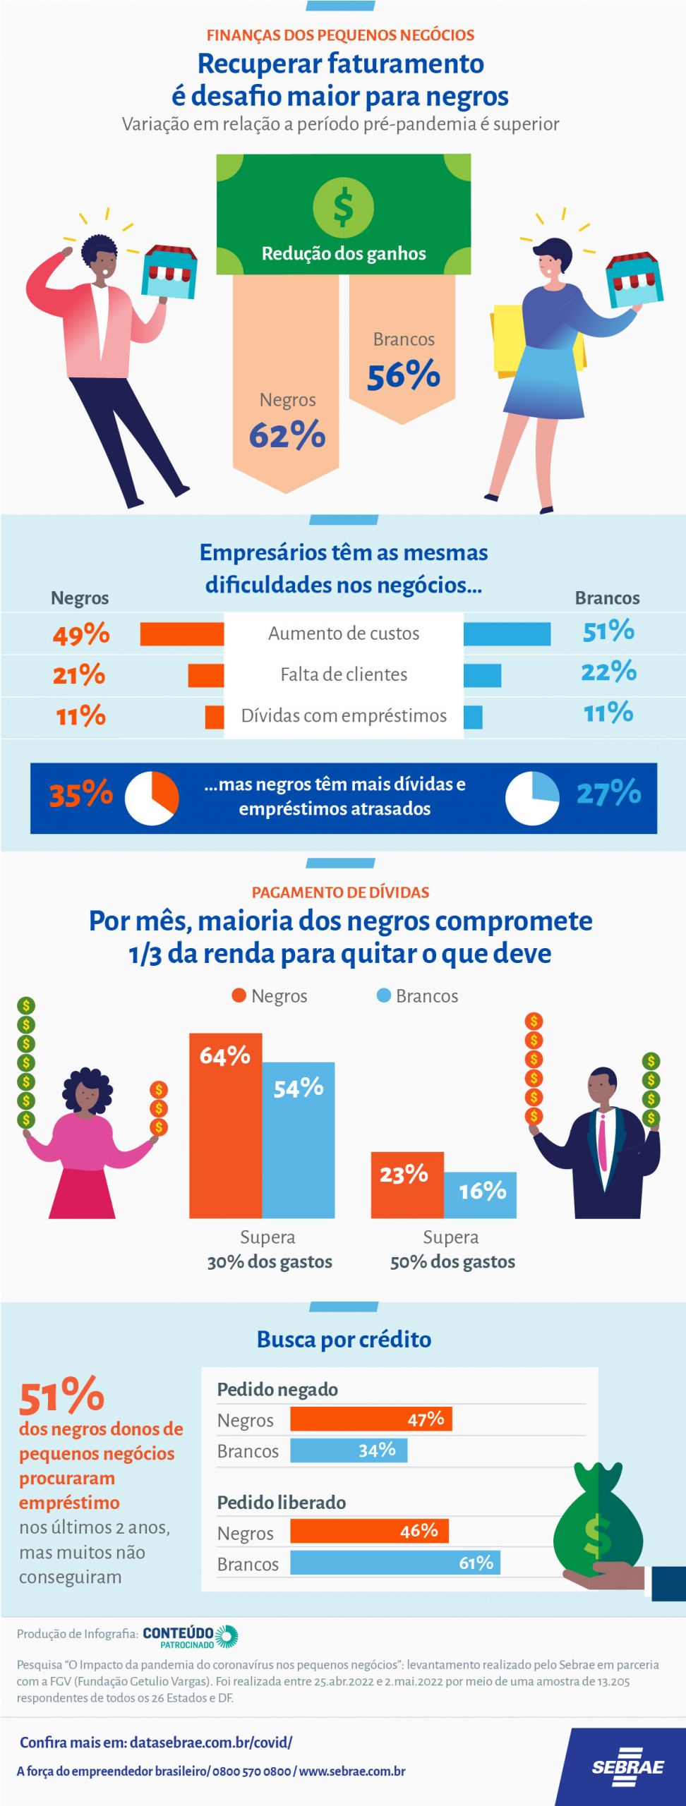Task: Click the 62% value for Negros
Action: pyautogui.click(x=287, y=435)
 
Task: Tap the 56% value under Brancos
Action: pyautogui.click(x=404, y=375)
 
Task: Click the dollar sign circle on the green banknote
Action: pyautogui.click(x=344, y=207)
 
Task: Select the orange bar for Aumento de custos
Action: pyautogui.click(x=181, y=634)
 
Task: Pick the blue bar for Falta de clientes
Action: pyautogui.click(x=482, y=675)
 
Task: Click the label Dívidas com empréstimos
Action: pyautogui.click(x=344, y=715)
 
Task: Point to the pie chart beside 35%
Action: pyautogui.click(x=152, y=798)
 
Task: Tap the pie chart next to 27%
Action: pyautogui.click(x=532, y=798)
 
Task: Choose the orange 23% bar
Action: pyautogui.click(x=407, y=1184)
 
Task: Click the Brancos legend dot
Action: pyautogui.click(x=384, y=995)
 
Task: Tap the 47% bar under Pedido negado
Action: pyautogui.click(x=371, y=1419)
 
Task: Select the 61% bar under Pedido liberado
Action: pyautogui.click(x=395, y=1563)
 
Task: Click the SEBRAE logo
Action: pyautogui.click(x=627, y=1767)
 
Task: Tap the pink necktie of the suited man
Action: pyautogui.click(x=603, y=1142)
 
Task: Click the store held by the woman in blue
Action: pyautogui.click(x=634, y=279)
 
